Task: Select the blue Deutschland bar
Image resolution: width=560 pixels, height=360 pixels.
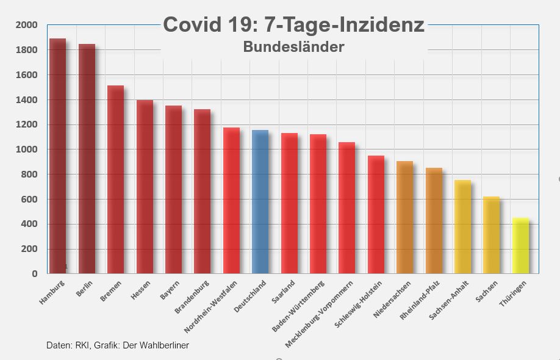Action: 260,202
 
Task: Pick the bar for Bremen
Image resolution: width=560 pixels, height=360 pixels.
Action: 115,180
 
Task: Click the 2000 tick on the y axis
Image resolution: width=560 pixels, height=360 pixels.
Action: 26,25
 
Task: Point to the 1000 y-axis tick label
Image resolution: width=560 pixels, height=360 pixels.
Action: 26,149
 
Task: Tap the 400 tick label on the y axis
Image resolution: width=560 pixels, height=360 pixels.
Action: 29,225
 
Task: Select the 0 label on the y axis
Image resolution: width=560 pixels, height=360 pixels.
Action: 35,274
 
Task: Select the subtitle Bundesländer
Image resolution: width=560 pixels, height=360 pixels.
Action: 293,46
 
